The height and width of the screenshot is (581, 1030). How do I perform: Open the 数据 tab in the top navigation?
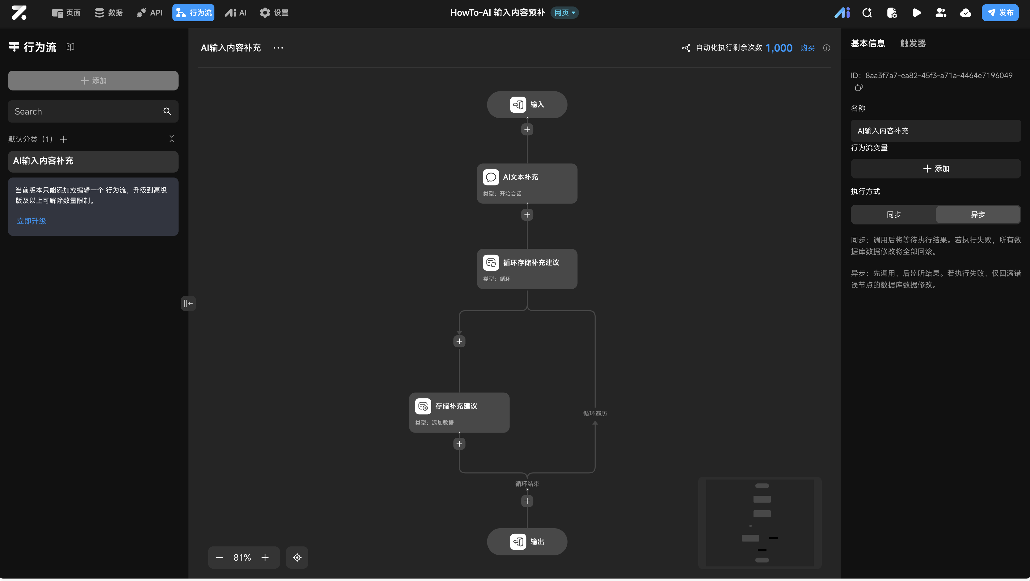(x=109, y=13)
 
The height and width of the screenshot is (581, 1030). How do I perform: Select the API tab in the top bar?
(x=150, y=13)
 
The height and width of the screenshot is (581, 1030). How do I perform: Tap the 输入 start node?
(x=527, y=105)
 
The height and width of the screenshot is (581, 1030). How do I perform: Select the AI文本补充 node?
(x=527, y=183)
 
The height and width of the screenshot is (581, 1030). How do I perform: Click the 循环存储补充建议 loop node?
(x=527, y=269)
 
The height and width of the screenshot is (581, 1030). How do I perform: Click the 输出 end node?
(x=527, y=541)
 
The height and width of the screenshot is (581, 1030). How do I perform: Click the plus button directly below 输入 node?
(x=527, y=129)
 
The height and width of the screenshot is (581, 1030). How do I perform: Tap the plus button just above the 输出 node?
(x=527, y=501)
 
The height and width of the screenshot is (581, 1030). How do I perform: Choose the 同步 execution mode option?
(x=894, y=215)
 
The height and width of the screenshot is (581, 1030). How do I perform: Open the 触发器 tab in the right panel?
(x=913, y=44)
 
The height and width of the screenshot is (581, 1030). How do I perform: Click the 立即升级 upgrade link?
(x=32, y=221)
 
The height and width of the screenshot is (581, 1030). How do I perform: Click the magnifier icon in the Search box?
(x=167, y=111)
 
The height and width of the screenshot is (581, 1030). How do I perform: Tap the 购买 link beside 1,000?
(x=807, y=48)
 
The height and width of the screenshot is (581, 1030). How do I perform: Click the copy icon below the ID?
(x=859, y=87)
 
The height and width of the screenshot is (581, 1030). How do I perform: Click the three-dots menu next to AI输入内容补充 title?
(x=278, y=48)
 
